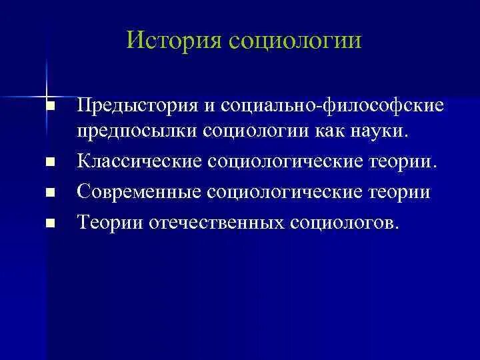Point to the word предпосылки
pos(133,130)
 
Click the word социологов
pos(344,221)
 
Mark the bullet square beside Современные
pos(49,193)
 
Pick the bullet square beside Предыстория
pos(49,107)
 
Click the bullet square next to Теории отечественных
pos(49,222)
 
